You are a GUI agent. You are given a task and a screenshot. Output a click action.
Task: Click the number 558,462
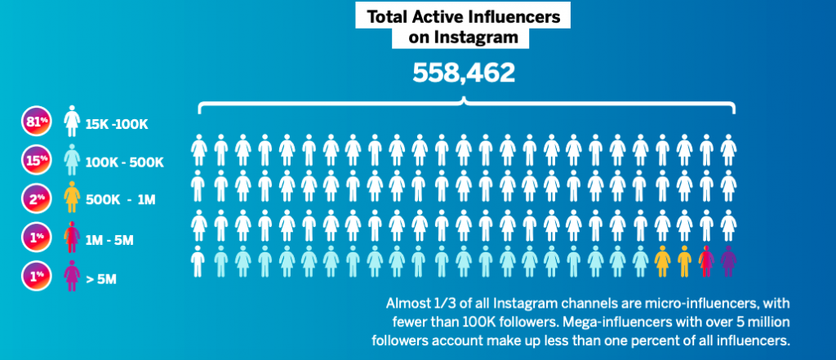click(464, 73)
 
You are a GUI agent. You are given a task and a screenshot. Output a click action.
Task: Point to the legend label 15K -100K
click(118, 126)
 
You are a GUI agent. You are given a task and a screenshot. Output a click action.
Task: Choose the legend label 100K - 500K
click(124, 162)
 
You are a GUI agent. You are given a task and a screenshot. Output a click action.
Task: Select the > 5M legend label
click(101, 278)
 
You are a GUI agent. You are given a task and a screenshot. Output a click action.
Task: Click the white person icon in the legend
click(71, 123)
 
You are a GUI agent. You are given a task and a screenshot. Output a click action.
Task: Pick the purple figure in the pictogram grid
click(727, 261)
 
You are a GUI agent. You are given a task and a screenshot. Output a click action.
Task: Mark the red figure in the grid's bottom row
click(705, 261)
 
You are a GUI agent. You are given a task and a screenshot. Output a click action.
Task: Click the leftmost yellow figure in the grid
click(662, 261)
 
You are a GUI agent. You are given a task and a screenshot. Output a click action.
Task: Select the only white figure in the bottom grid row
click(199, 261)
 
